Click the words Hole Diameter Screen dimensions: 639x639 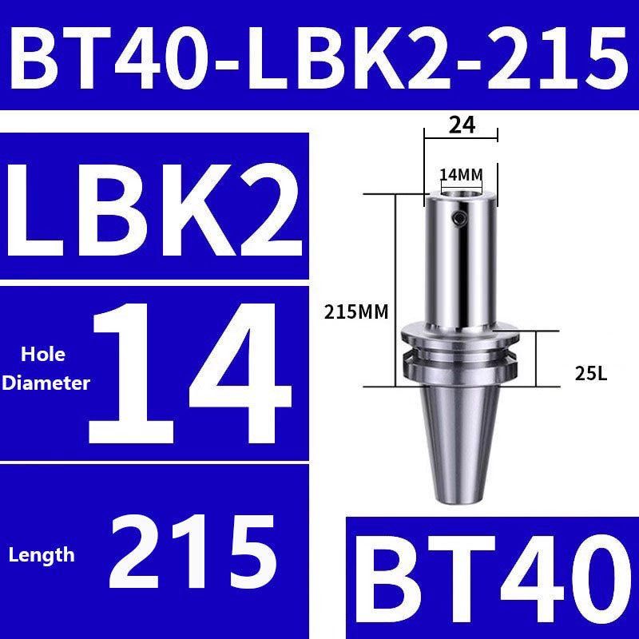point(46,368)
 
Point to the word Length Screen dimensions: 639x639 point(42,554)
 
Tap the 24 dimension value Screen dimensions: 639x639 point(462,125)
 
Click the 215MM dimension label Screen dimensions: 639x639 point(356,312)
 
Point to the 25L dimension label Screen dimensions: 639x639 point(590,372)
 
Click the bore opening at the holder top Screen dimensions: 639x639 point(461,192)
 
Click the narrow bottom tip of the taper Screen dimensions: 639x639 point(461,497)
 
